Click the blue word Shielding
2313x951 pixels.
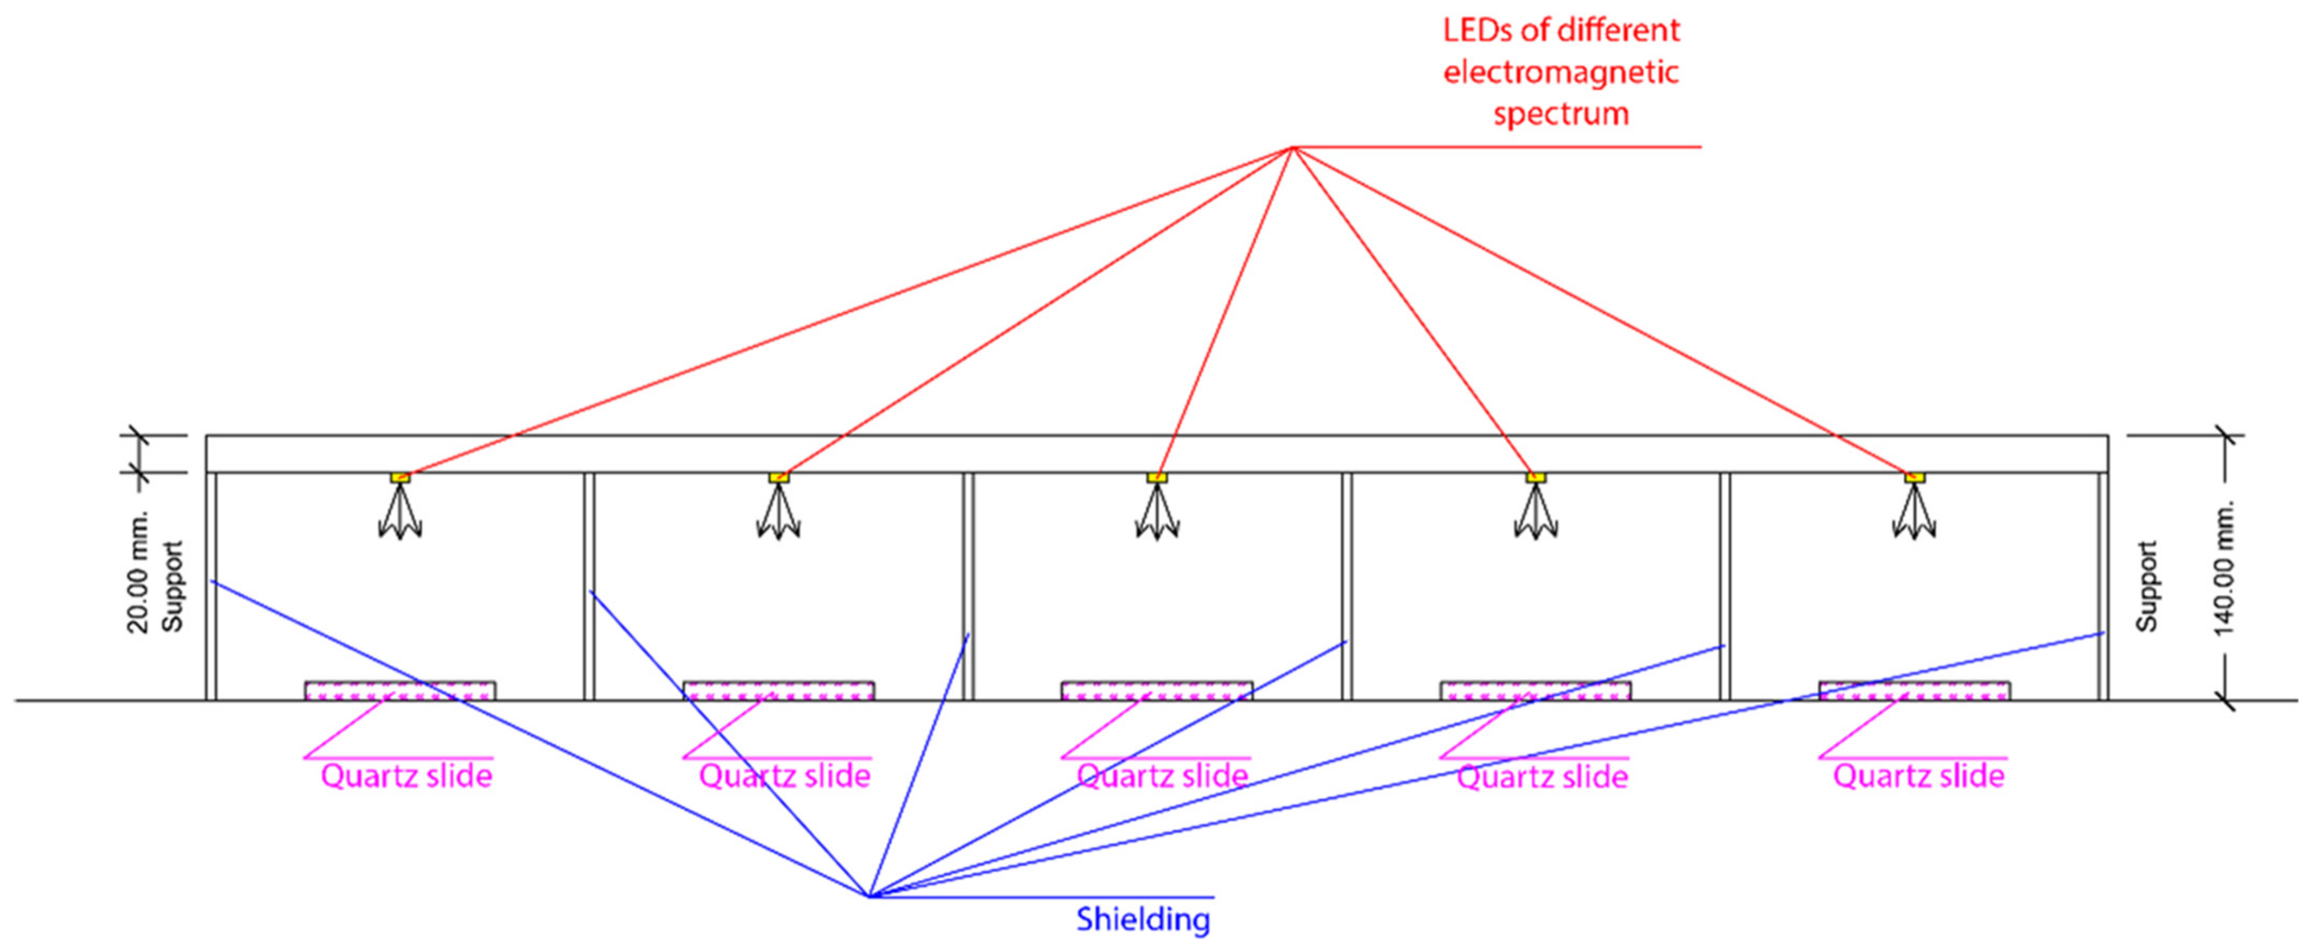click(x=1143, y=919)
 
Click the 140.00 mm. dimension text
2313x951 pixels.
click(x=2223, y=569)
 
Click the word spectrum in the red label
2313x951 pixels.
click(x=1561, y=114)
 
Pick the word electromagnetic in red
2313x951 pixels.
click(x=1561, y=72)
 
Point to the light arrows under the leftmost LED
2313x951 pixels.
click(x=400, y=516)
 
